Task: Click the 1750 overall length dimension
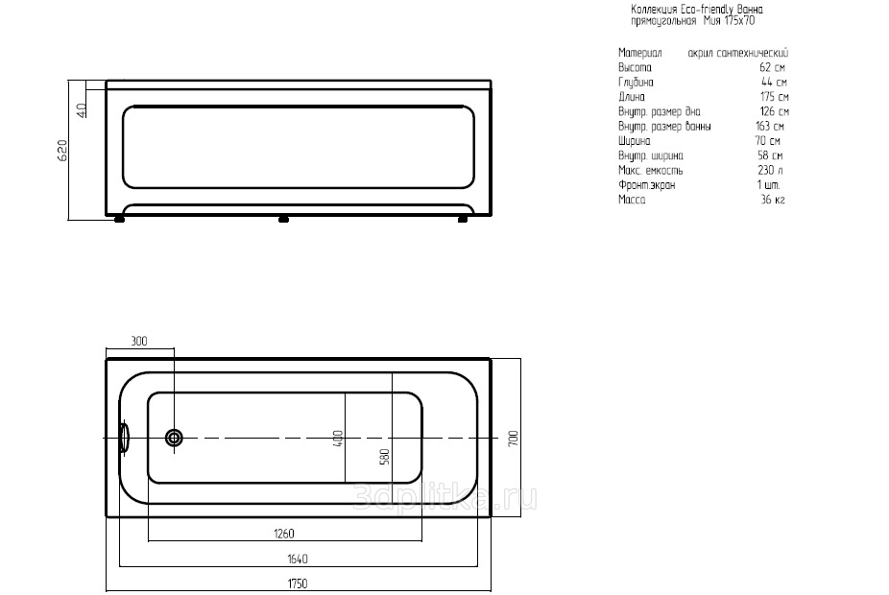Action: pyautogui.click(x=298, y=583)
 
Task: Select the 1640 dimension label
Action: pyautogui.click(x=298, y=559)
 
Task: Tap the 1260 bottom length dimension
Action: pyautogui.click(x=284, y=534)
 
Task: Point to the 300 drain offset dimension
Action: pyautogui.click(x=139, y=341)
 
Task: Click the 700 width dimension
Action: pyautogui.click(x=514, y=438)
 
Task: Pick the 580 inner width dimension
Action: pyautogui.click(x=385, y=457)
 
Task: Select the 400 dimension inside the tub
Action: pyautogui.click(x=338, y=439)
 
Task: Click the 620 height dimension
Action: pyautogui.click(x=62, y=150)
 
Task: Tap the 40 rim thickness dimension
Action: pyautogui.click(x=83, y=110)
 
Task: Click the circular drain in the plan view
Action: pyautogui.click(x=174, y=438)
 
